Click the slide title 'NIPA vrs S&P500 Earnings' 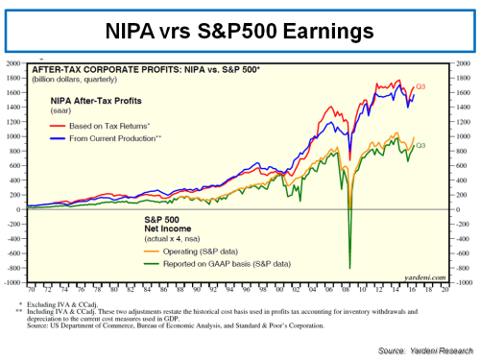[x=240, y=32]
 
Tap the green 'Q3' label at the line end [x=420, y=145]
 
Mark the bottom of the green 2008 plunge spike [x=349, y=268]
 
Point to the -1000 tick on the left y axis [x=13, y=283]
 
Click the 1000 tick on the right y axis [x=462, y=136]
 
